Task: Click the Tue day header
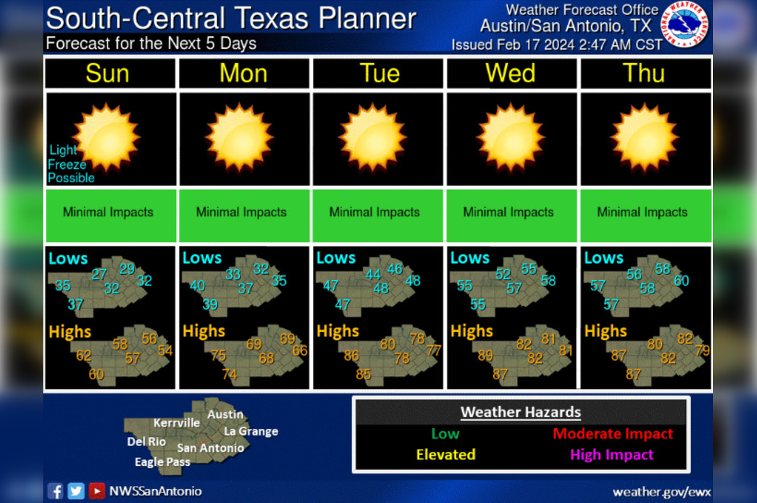(x=379, y=74)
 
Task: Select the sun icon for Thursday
(x=645, y=137)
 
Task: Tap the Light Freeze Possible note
(x=70, y=164)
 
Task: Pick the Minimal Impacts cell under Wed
(x=508, y=213)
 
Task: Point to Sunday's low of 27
(x=99, y=274)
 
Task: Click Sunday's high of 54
(x=165, y=350)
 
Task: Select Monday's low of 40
(x=197, y=286)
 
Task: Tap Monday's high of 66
(x=300, y=350)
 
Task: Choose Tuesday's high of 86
(x=351, y=356)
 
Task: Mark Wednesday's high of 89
(x=485, y=356)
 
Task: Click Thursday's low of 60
(x=681, y=280)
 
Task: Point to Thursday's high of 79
(x=702, y=350)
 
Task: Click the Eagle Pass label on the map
(x=162, y=462)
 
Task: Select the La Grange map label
(x=251, y=431)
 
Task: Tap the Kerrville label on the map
(x=177, y=423)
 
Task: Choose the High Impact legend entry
(x=611, y=455)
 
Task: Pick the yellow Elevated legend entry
(x=445, y=455)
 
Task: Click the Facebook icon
(x=55, y=490)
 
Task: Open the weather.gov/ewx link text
(x=662, y=492)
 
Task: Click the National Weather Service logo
(x=687, y=25)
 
